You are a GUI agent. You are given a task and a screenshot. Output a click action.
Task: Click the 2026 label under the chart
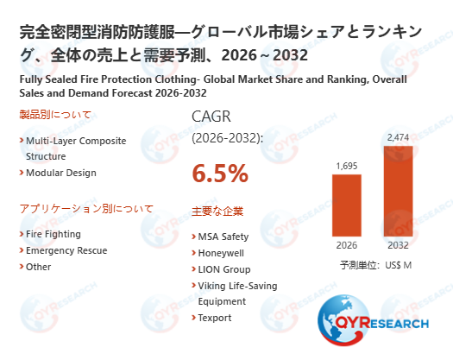(347, 244)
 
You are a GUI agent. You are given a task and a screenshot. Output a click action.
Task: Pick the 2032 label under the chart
(398, 244)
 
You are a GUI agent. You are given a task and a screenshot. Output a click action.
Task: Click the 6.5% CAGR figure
(220, 174)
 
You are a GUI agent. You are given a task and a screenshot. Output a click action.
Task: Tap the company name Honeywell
(222, 253)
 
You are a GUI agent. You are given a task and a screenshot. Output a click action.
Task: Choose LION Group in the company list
(224, 269)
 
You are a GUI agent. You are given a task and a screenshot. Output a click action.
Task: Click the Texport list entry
(217, 318)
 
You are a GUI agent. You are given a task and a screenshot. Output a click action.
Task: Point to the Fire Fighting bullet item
(53, 234)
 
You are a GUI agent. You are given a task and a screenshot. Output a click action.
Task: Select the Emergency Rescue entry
(66, 250)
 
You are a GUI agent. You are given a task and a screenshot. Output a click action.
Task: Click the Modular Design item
(60, 173)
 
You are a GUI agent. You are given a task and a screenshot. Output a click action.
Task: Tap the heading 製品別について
(54, 115)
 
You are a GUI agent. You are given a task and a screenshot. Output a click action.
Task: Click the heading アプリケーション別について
(85, 209)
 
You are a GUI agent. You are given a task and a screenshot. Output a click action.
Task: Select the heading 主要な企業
(217, 211)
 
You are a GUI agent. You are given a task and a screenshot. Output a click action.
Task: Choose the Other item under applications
(39, 267)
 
